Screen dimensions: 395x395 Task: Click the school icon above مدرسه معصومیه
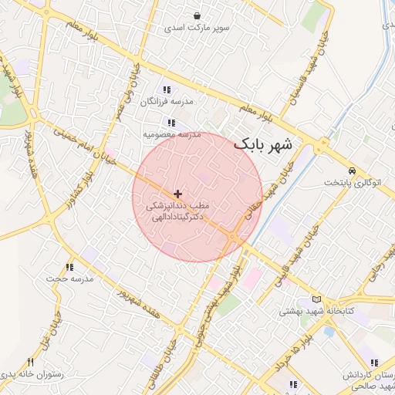pyautogui.click(x=171, y=123)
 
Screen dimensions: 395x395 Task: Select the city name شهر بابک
pyautogui.click(x=263, y=144)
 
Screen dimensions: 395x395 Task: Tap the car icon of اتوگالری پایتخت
pyautogui.click(x=352, y=170)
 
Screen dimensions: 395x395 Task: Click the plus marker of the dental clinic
pyautogui.click(x=178, y=193)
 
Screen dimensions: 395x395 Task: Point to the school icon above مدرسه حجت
pyautogui.click(x=69, y=267)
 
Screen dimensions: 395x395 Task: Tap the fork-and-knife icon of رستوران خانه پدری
pyautogui.click(x=31, y=362)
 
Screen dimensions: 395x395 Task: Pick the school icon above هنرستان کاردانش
pyautogui.click(x=373, y=363)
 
